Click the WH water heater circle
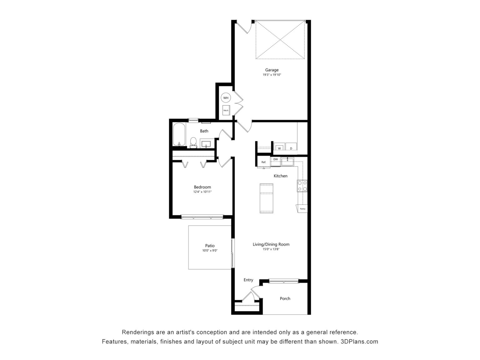click(x=226, y=98)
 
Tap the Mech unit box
click(x=226, y=110)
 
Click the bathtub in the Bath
click(x=179, y=134)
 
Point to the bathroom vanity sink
click(x=206, y=144)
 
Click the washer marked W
click(x=279, y=147)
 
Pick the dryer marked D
click(x=291, y=147)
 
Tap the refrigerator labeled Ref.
click(x=264, y=162)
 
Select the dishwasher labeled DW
click(x=276, y=161)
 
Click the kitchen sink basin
click(x=287, y=162)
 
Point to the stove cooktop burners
click(x=302, y=186)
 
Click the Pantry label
click(x=302, y=209)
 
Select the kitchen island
click(x=266, y=198)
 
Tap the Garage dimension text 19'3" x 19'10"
click(x=272, y=75)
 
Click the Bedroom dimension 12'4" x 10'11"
click(x=202, y=192)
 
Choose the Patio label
click(x=210, y=246)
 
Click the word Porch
click(x=285, y=298)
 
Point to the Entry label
click(x=248, y=280)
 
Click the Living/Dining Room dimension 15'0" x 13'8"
click(x=271, y=249)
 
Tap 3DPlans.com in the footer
click(x=359, y=342)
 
